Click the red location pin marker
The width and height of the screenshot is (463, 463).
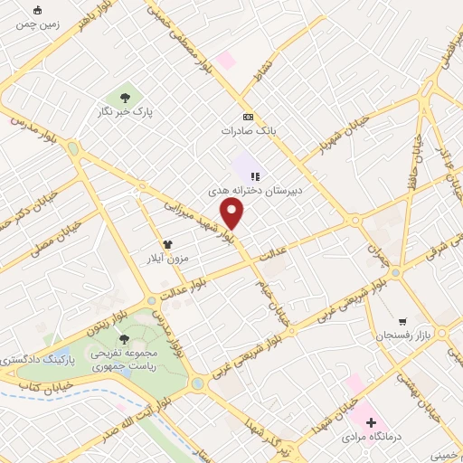(233, 214)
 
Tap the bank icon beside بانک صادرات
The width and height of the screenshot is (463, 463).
(248, 118)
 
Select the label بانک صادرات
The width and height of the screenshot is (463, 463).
(247, 131)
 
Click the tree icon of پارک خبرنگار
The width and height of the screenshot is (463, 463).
(125, 97)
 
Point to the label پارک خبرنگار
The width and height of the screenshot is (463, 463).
(124, 111)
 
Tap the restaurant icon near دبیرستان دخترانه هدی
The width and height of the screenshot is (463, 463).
(255, 177)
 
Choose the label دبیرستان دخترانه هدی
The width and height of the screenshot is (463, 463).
(256, 192)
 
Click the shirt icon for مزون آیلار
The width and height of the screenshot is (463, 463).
(166, 244)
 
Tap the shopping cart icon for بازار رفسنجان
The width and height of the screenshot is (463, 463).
(402, 321)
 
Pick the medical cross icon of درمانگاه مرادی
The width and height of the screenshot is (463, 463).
(371, 422)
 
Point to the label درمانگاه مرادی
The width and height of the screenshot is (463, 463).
(371, 437)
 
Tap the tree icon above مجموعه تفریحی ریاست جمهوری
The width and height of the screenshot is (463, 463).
(124, 338)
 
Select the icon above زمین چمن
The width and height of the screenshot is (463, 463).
(37, 11)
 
